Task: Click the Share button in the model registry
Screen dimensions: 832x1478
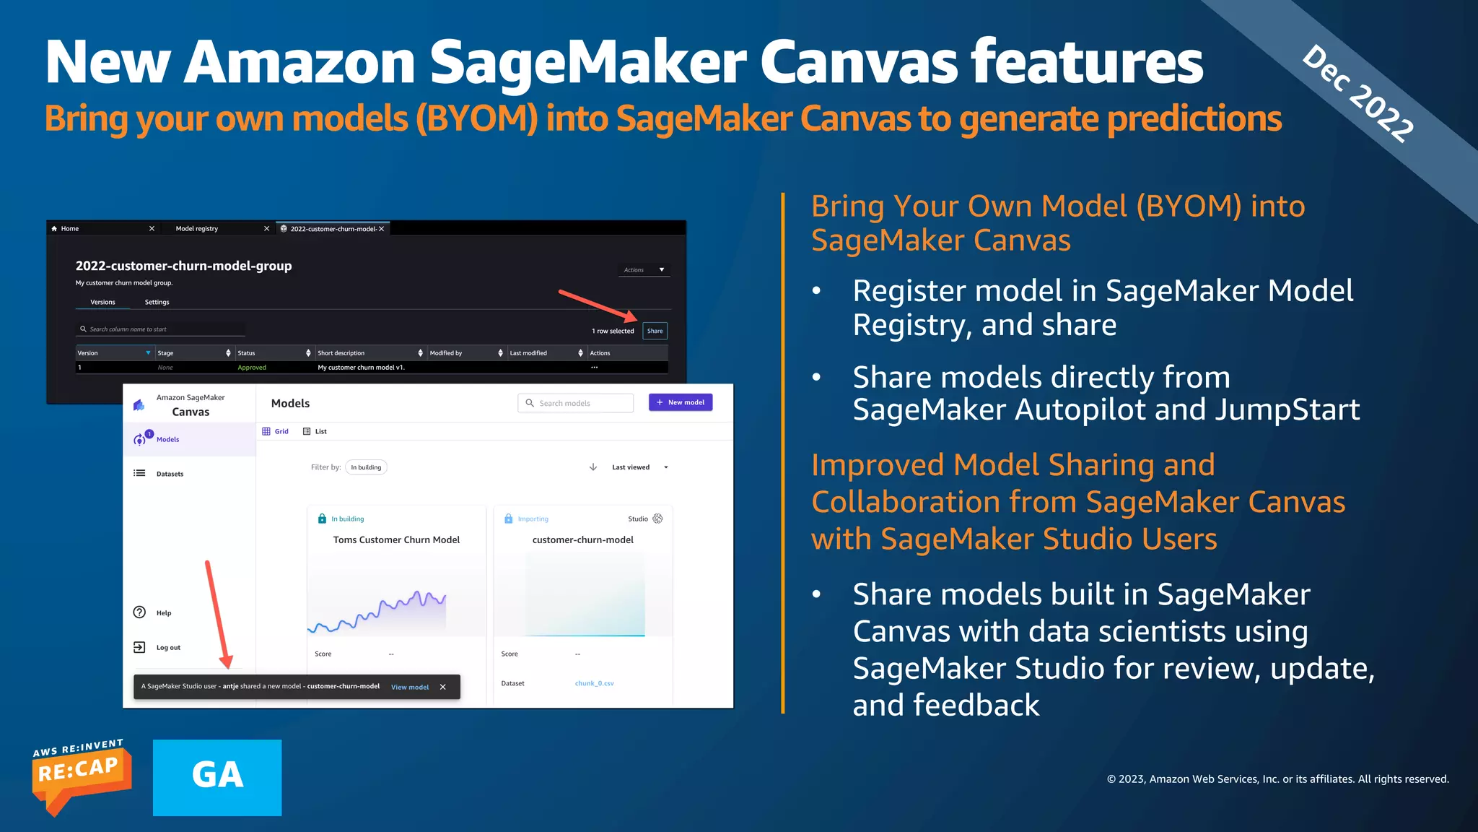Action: pos(655,331)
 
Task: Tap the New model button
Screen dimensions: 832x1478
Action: pos(681,402)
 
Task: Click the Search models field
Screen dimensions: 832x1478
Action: pos(576,403)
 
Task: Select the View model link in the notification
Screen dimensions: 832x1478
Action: pos(409,687)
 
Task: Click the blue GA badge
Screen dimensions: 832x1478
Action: pos(217,777)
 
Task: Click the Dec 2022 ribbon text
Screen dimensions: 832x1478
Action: pos(1357,93)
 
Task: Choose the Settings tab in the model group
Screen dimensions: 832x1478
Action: pos(157,302)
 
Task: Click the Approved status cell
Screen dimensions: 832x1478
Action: pos(252,368)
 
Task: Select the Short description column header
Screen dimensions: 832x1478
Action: pos(341,353)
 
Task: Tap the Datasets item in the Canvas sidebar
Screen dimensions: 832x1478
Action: pos(170,474)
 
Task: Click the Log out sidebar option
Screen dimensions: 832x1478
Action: pos(168,648)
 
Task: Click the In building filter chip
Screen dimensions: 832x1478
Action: pos(366,467)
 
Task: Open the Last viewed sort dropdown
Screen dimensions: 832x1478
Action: pos(639,467)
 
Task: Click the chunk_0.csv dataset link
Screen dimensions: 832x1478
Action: pos(594,683)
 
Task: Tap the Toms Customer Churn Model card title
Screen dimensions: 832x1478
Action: pos(396,539)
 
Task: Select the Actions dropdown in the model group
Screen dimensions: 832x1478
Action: pos(644,269)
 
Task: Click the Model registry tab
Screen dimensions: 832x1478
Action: pos(196,229)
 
